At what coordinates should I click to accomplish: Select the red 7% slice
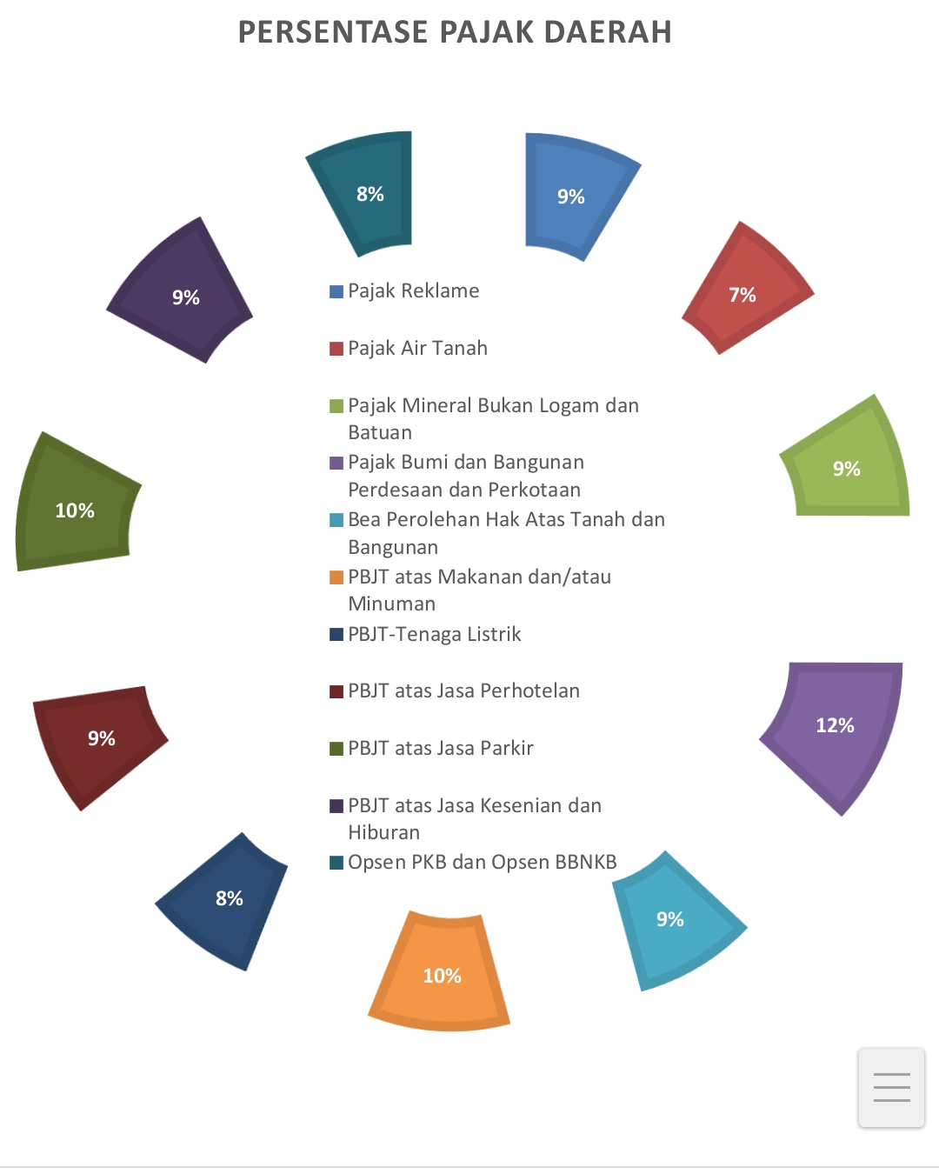746,289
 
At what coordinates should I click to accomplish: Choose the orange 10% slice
440,972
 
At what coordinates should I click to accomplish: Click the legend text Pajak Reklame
414,291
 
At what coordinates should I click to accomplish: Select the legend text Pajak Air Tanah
418,349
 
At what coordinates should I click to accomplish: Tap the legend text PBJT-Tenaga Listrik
435,635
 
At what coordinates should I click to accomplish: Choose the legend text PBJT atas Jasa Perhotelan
464,691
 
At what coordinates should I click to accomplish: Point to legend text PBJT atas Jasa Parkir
441,749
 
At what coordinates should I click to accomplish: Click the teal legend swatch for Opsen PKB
336,863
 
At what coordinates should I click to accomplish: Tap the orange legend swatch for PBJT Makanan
336,577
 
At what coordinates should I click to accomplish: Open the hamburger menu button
891,1087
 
